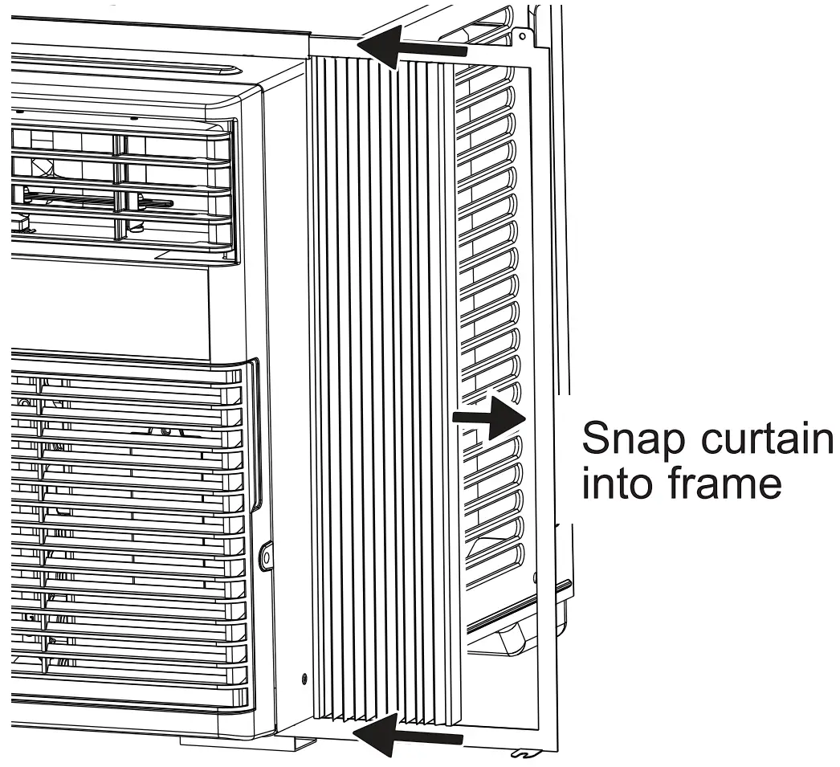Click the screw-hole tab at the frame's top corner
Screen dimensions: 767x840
click(523, 36)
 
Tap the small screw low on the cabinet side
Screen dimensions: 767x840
click(304, 679)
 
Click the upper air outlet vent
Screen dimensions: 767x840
click(120, 185)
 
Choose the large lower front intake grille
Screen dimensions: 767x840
click(120, 530)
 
